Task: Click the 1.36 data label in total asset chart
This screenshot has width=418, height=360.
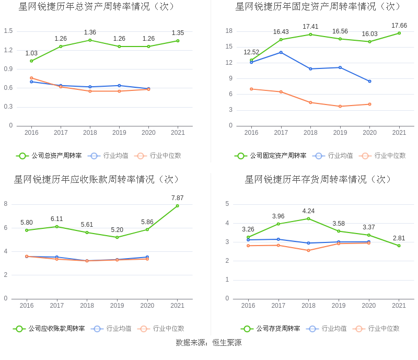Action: click(90, 32)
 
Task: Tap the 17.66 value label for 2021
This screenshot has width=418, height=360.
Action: click(399, 25)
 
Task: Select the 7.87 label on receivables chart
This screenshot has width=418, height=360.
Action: click(177, 198)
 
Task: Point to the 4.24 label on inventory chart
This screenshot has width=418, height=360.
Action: click(308, 211)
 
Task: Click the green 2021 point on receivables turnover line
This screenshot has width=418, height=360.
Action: click(177, 206)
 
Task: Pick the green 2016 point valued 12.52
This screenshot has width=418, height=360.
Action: click(251, 60)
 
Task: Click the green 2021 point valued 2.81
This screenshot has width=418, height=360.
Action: click(399, 246)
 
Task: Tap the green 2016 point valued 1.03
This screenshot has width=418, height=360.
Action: click(31, 61)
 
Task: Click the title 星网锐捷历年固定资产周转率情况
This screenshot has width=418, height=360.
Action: click(318, 7)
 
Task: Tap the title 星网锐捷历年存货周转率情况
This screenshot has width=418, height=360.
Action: click(318, 180)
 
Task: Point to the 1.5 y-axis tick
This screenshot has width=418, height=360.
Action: click(8, 31)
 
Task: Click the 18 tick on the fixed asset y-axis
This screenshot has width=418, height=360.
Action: click(229, 31)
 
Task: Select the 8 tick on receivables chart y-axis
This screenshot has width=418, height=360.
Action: click(6, 204)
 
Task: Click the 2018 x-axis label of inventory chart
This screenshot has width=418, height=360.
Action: click(308, 306)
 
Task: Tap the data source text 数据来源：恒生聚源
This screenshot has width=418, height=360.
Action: click(209, 343)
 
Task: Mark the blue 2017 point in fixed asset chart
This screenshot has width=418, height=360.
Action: click(281, 52)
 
